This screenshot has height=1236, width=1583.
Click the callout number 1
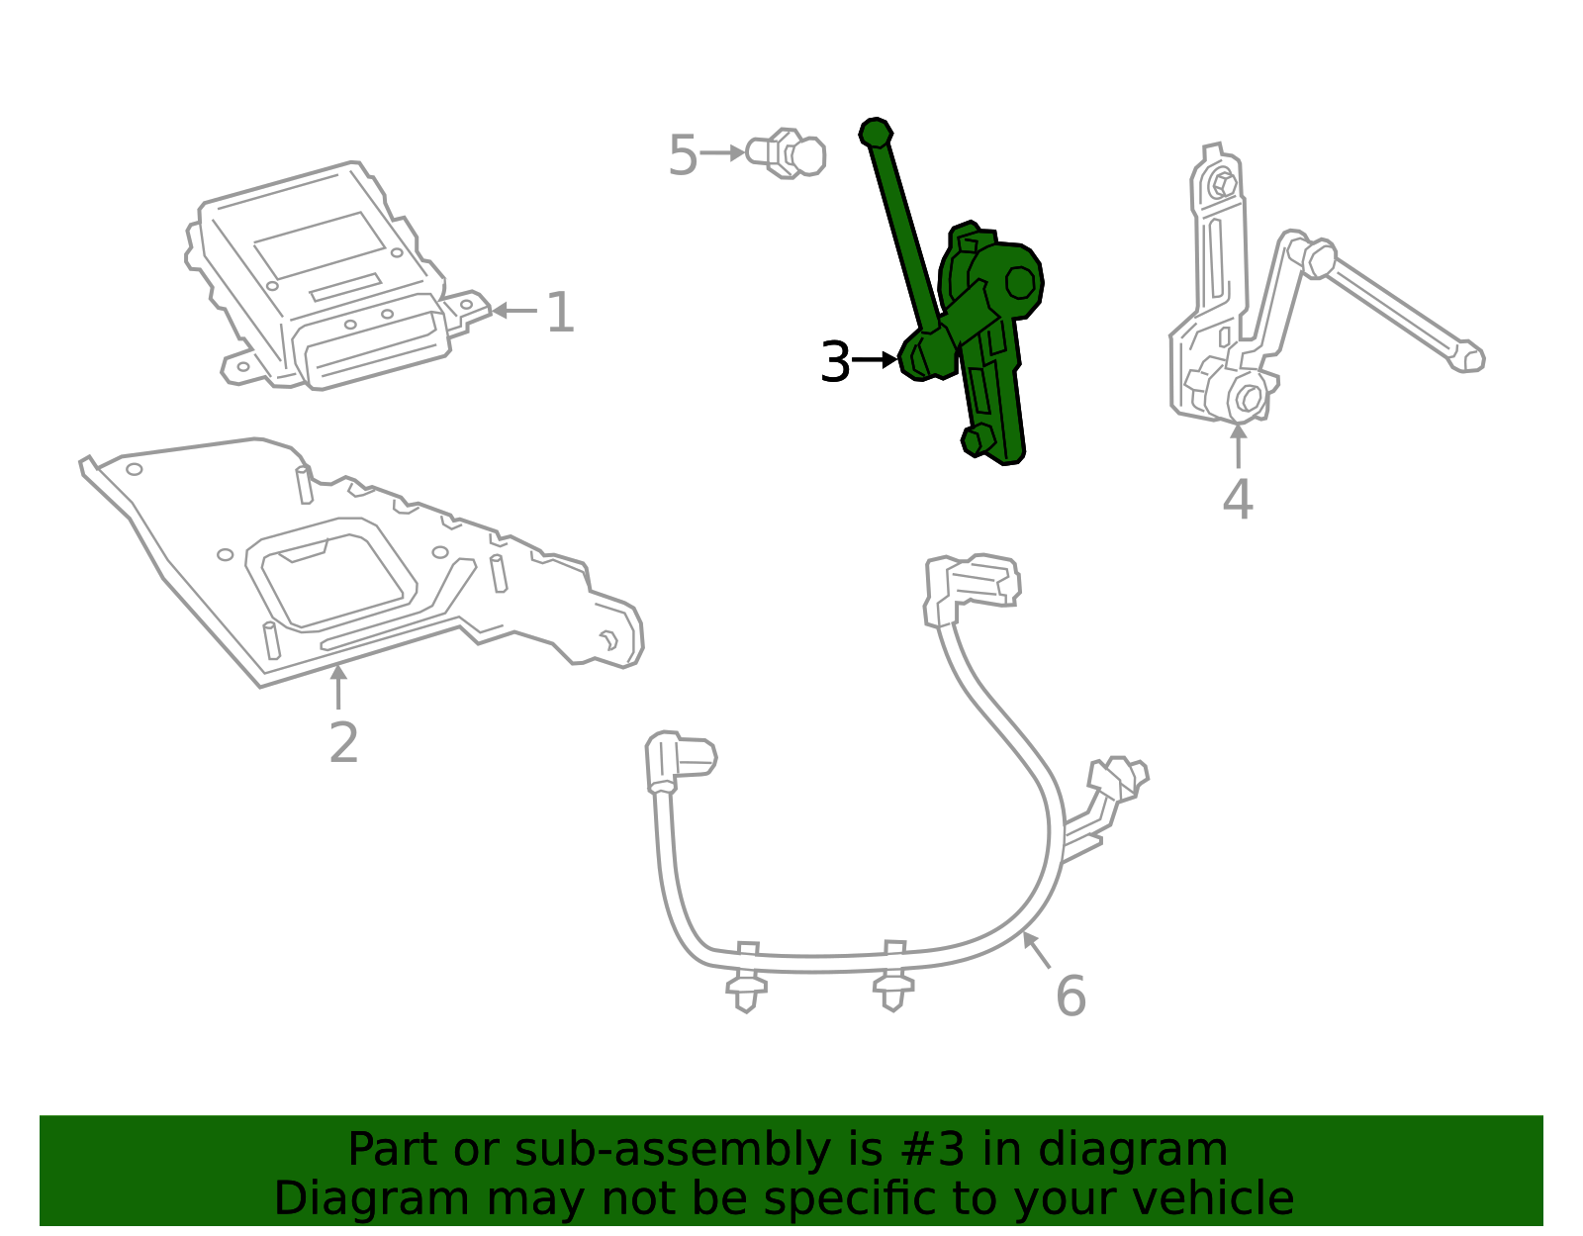(x=560, y=314)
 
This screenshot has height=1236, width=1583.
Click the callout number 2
(x=343, y=743)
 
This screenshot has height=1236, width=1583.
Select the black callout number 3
(x=835, y=363)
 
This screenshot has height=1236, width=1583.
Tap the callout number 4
(x=1237, y=500)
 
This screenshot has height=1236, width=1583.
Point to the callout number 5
(x=683, y=156)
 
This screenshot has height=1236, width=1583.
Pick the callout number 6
(x=1071, y=997)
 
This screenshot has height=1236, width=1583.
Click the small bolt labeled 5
(x=788, y=153)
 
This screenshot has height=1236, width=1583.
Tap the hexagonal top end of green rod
(x=876, y=133)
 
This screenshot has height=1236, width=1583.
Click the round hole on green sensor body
(x=1020, y=283)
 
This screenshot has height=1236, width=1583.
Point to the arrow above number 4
(x=1238, y=445)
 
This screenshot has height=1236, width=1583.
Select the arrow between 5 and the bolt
(x=722, y=153)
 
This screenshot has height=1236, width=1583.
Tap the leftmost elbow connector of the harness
(x=678, y=760)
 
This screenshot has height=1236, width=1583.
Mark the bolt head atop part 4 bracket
(x=1222, y=184)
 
